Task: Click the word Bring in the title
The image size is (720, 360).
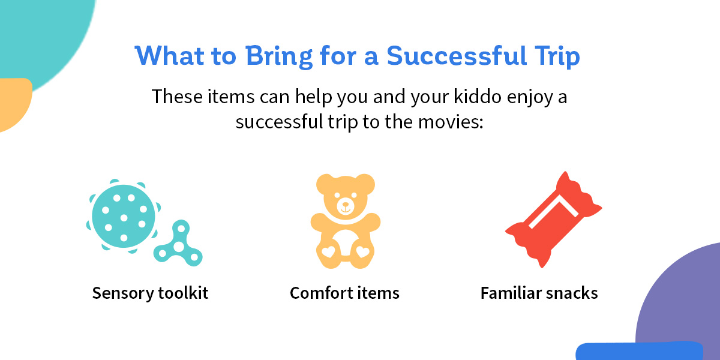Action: point(279,56)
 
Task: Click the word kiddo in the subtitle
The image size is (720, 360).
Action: point(478,97)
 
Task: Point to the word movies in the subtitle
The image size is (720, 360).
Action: point(451,122)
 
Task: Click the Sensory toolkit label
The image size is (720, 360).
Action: point(150,293)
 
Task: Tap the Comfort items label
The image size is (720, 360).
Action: point(344,293)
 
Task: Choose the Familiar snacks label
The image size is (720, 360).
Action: point(539,293)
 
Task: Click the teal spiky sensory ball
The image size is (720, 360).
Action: point(124,216)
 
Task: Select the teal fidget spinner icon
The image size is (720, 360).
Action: point(179,245)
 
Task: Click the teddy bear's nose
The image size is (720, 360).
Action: point(346,205)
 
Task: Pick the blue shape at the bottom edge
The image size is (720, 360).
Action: point(640,351)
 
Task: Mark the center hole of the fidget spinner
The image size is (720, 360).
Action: point(179,247)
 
